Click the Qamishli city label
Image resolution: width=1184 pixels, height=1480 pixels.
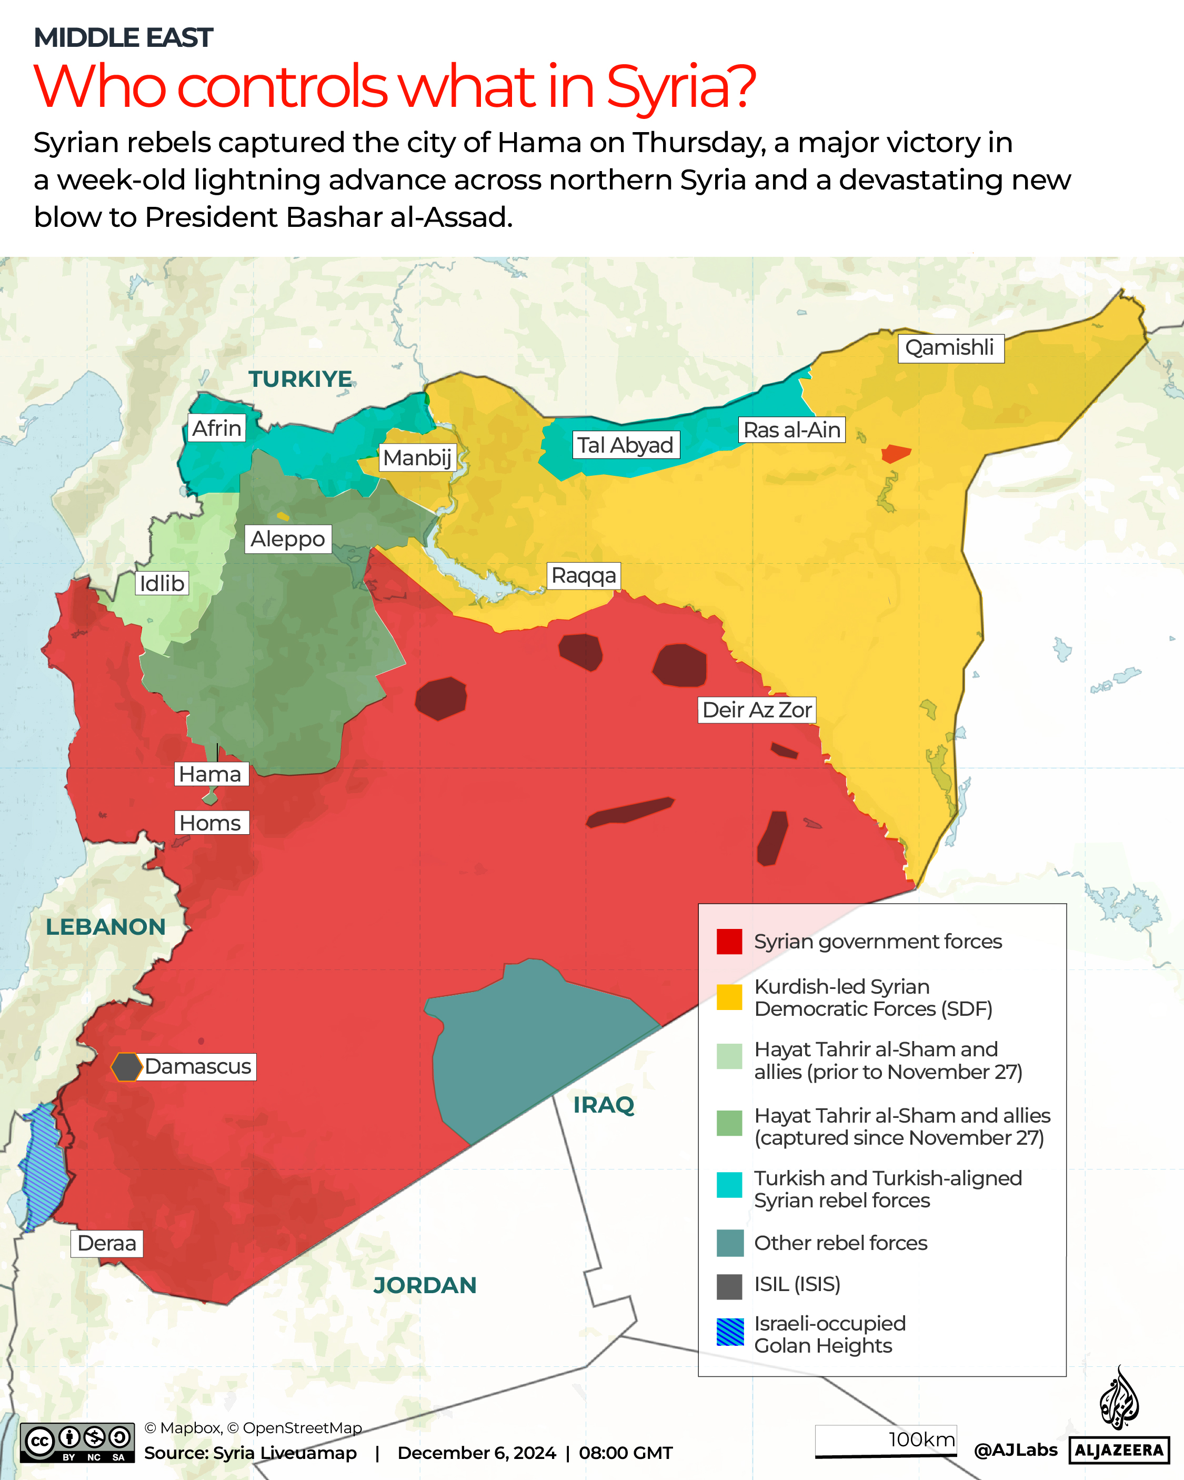tap(950, 348)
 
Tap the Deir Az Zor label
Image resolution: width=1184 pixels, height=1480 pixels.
tap(757, 710)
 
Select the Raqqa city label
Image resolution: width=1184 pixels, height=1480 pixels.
tap(584, 575)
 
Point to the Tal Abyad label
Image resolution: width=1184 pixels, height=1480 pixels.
tap(625, 445)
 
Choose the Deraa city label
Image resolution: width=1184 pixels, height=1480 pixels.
tap(107, 1243)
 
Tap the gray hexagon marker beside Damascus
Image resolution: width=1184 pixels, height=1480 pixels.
tap(126, 1067)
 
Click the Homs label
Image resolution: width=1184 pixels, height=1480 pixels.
tap(210, 823)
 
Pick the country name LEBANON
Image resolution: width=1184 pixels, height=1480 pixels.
tap(106, 927)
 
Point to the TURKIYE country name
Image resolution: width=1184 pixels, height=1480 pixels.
tap(300, 379)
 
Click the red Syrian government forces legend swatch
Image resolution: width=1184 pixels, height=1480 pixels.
tap(729, 942)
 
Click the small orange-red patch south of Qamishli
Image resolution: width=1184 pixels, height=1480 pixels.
tap(896, 453)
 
